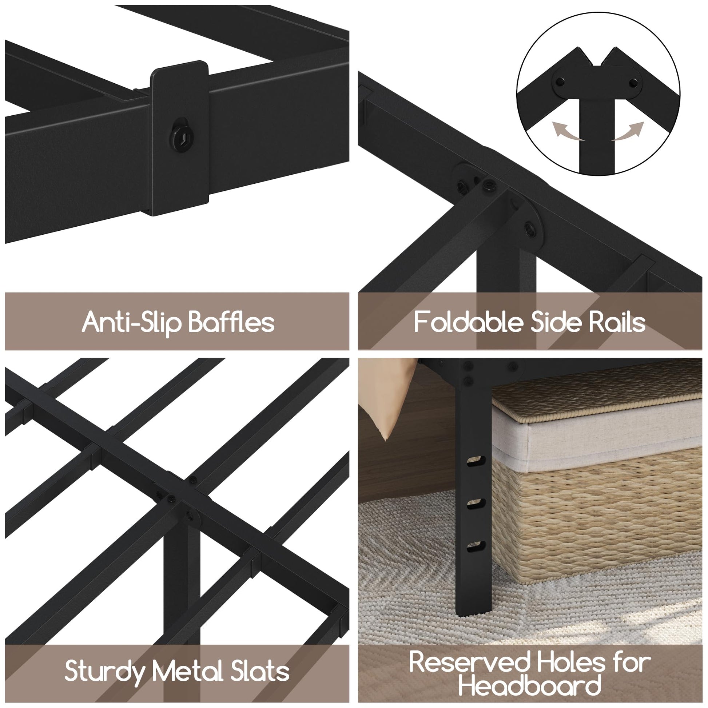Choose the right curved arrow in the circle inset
point(627,132)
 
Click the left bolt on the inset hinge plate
point(560,82)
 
